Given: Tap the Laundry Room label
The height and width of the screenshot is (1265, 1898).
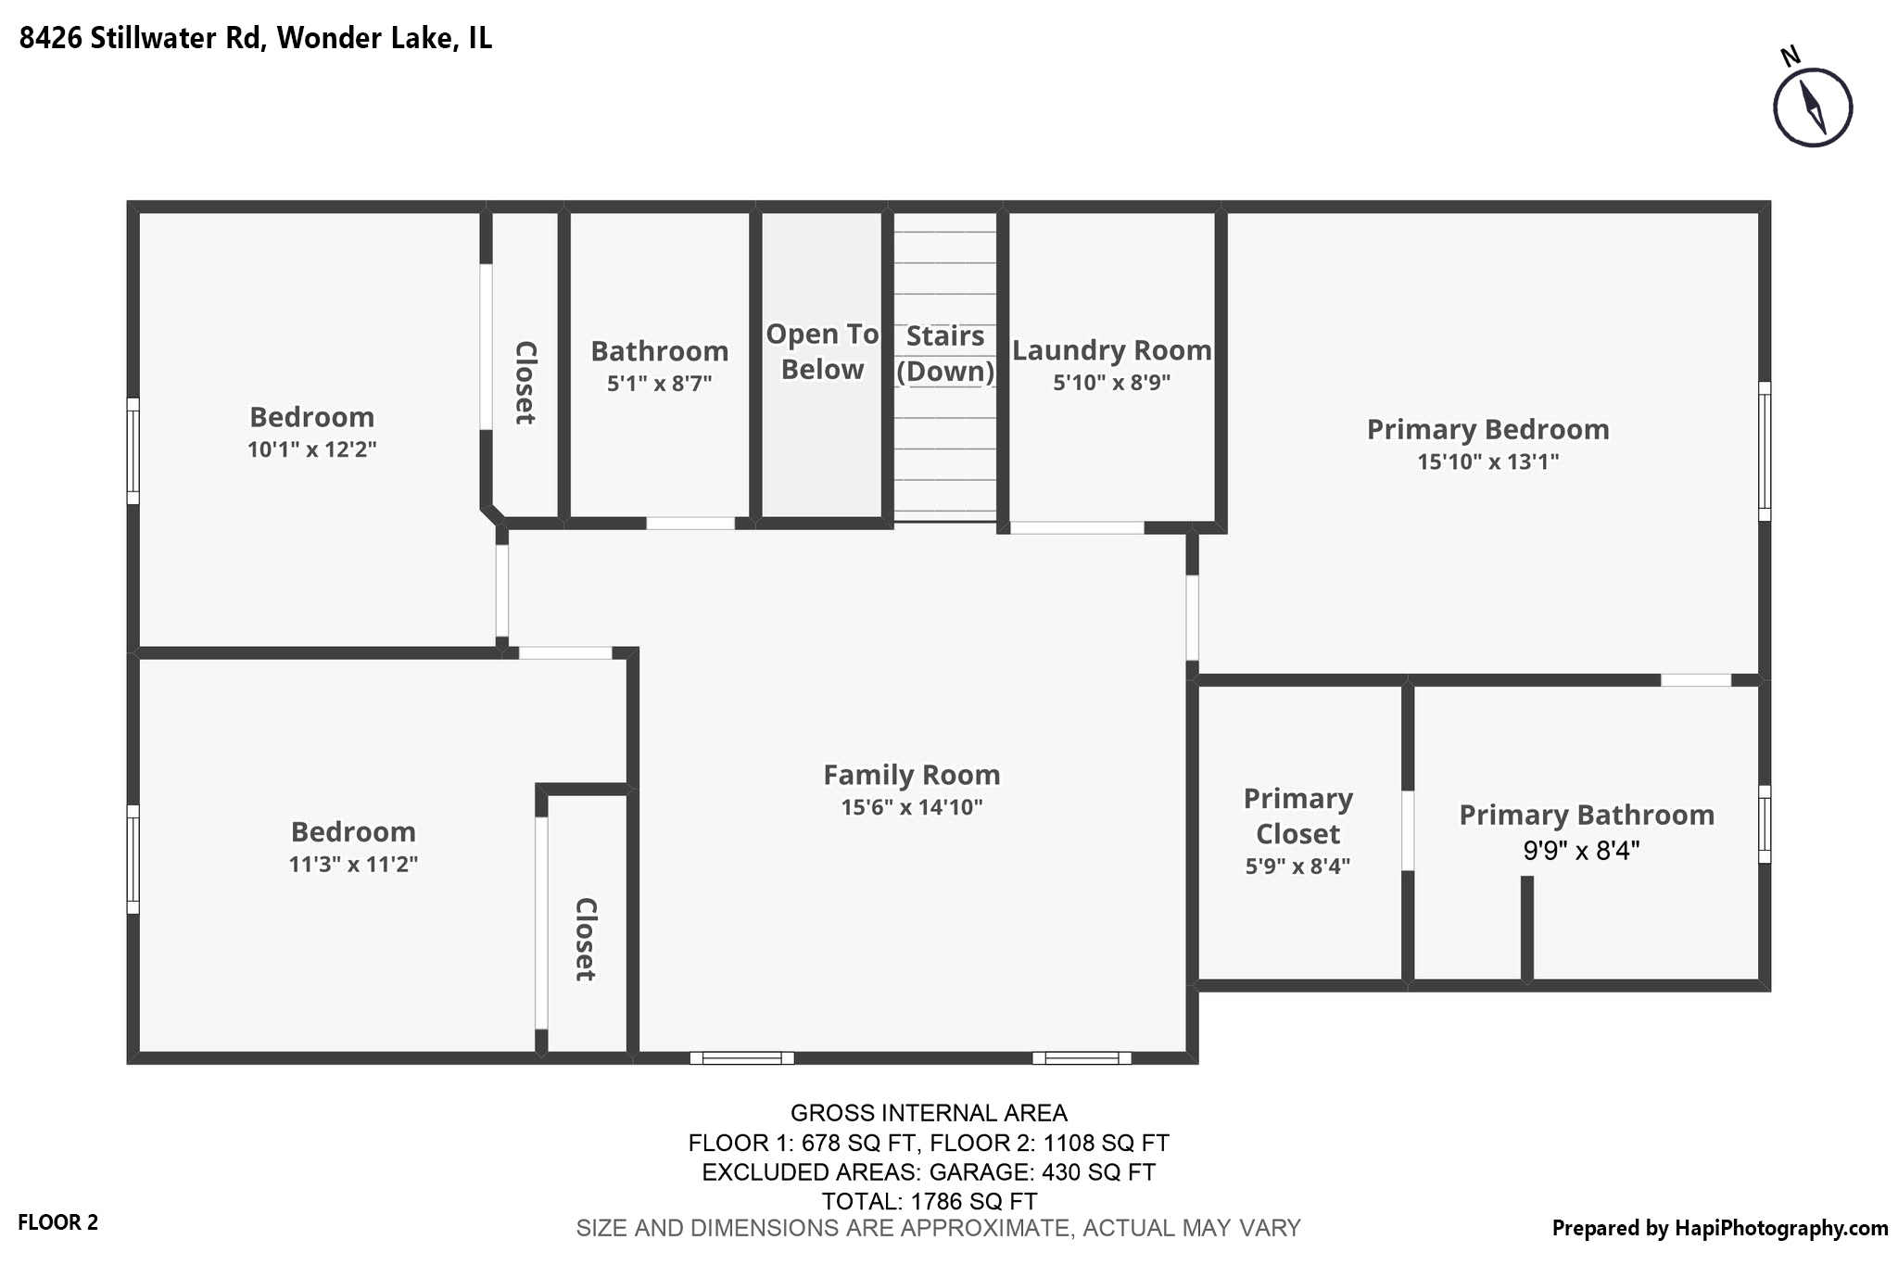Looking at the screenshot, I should click(1111, 350).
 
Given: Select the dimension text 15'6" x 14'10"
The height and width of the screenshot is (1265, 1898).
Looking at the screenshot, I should click(911, 807).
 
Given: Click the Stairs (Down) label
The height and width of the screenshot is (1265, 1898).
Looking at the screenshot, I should click(944, 353).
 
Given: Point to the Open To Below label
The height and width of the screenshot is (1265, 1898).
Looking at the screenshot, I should click(821, 351).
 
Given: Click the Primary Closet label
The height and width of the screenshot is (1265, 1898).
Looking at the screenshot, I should click(1297, 816).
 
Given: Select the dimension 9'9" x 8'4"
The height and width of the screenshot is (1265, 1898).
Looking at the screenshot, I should click(1581, 850).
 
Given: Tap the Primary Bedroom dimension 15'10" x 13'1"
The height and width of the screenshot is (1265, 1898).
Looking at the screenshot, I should click(1487, 462).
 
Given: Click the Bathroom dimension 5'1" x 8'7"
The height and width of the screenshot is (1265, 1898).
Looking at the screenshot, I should click(659, 383).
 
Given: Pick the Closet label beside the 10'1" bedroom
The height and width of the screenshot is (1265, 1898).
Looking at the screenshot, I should click(525, 382).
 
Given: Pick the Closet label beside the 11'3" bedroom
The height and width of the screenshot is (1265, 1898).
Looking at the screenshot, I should click(585, 938).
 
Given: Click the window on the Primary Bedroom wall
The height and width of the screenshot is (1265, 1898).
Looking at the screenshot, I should click(1764, 451).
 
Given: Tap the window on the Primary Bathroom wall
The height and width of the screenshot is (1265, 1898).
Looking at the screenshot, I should click(1764, 824).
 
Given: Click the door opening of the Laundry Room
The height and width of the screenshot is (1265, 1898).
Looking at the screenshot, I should click(1076, 527).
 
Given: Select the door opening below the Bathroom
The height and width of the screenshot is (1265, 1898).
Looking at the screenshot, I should click(690, 523).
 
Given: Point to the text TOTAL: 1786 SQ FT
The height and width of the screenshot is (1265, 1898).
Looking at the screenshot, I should click(929, 1201).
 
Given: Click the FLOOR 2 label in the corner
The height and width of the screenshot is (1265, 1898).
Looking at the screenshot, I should click(57, 1222).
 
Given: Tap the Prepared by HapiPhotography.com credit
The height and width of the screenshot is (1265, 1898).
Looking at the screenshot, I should click(1719, 1228).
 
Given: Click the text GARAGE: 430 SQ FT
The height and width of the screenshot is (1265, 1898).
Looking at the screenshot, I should click(1042, 1172).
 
